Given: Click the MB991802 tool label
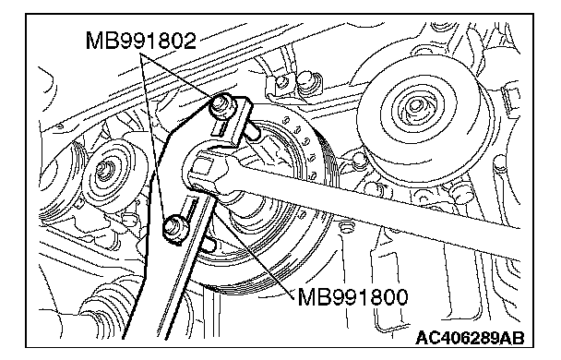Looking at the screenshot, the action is point(141,41).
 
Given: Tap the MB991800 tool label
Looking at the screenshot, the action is point(352,296).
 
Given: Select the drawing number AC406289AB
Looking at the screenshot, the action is point(470,338).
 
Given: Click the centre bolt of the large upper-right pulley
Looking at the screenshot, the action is point(415,106).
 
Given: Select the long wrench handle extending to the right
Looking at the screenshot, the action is point(376,200).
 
